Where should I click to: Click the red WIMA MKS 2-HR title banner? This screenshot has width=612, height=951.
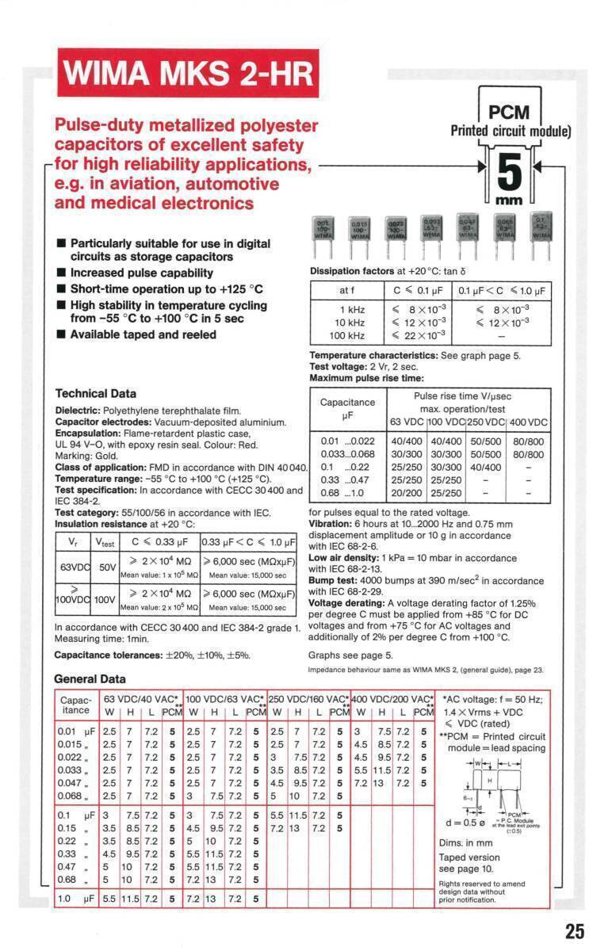[x=189, y=74]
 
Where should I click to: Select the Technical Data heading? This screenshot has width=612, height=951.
[x=95, y=394]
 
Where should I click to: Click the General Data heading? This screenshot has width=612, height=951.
[x=89, y=679]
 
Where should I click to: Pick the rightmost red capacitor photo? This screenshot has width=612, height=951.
[x=542, y=231]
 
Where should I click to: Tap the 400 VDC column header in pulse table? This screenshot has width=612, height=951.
[x=528, y=422]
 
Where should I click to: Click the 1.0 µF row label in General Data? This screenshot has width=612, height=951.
[x=77, y=899]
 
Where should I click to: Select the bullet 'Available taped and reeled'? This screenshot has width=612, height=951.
[x=143, y=334]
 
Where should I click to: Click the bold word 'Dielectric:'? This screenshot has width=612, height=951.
[x=77, y=410]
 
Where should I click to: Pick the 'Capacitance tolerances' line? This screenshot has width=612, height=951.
[x=152, y=655]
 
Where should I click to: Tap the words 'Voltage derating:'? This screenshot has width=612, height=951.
[x=346, y=602]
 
